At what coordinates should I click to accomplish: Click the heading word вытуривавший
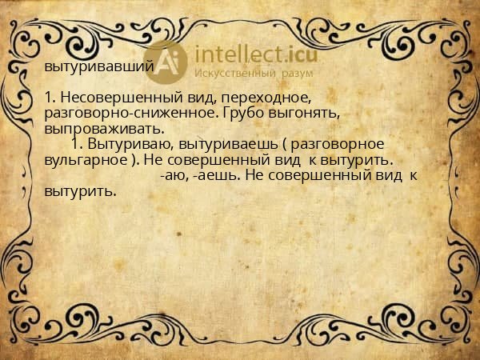(99, 67)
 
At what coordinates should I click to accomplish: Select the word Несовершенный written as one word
(112, 98)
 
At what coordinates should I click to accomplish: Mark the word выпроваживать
(104, 128)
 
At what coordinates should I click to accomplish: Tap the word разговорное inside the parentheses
(337, 145)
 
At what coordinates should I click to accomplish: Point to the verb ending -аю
(174, 176)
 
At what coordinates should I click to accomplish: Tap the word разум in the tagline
(299, 74)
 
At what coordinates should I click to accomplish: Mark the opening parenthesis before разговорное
(284, 145)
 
